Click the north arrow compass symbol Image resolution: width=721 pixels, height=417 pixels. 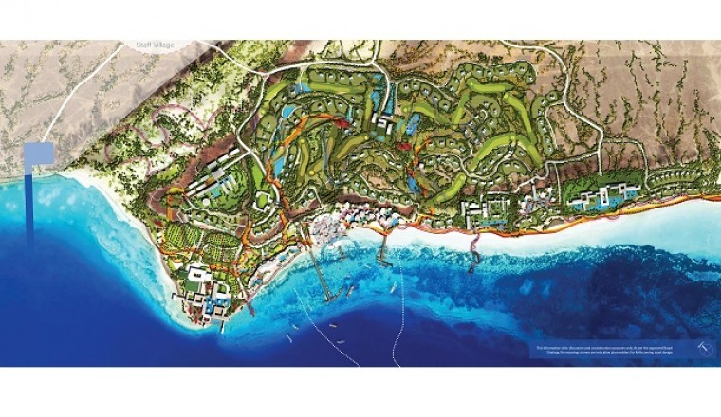click(702, 349)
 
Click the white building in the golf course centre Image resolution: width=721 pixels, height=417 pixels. click(384, 124)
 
